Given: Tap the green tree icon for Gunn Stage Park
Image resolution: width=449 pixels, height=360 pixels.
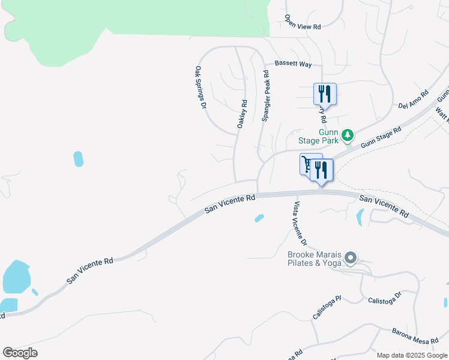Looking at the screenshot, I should tap(347, 136).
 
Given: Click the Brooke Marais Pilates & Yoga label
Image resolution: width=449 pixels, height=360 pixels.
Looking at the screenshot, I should tap(313, 258).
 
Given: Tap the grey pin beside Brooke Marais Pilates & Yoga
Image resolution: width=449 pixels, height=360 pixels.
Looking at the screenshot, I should tap(351, 258).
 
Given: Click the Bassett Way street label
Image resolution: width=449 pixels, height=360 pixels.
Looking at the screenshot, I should tap(293, 63).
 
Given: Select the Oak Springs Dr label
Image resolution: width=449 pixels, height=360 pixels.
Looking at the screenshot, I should tap(200, 88).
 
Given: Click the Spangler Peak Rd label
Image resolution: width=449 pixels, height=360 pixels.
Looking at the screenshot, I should tap(265, 96).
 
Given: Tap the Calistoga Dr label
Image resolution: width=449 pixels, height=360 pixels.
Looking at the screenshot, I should tap(384, 300).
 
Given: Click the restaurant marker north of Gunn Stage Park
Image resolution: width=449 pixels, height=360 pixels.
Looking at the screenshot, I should tap(324, 94).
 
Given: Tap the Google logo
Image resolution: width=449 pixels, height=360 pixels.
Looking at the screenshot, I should tap(20, 353).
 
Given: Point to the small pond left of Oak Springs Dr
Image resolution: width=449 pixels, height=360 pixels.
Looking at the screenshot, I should tap(78, 159).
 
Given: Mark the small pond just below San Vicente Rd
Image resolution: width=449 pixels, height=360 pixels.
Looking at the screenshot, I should tap(259, 218).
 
